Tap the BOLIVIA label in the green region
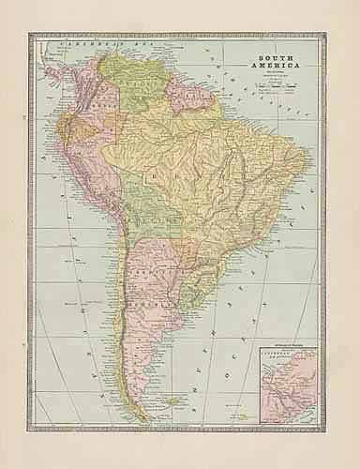tap(143, 221)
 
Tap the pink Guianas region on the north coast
tap(201, 89)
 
